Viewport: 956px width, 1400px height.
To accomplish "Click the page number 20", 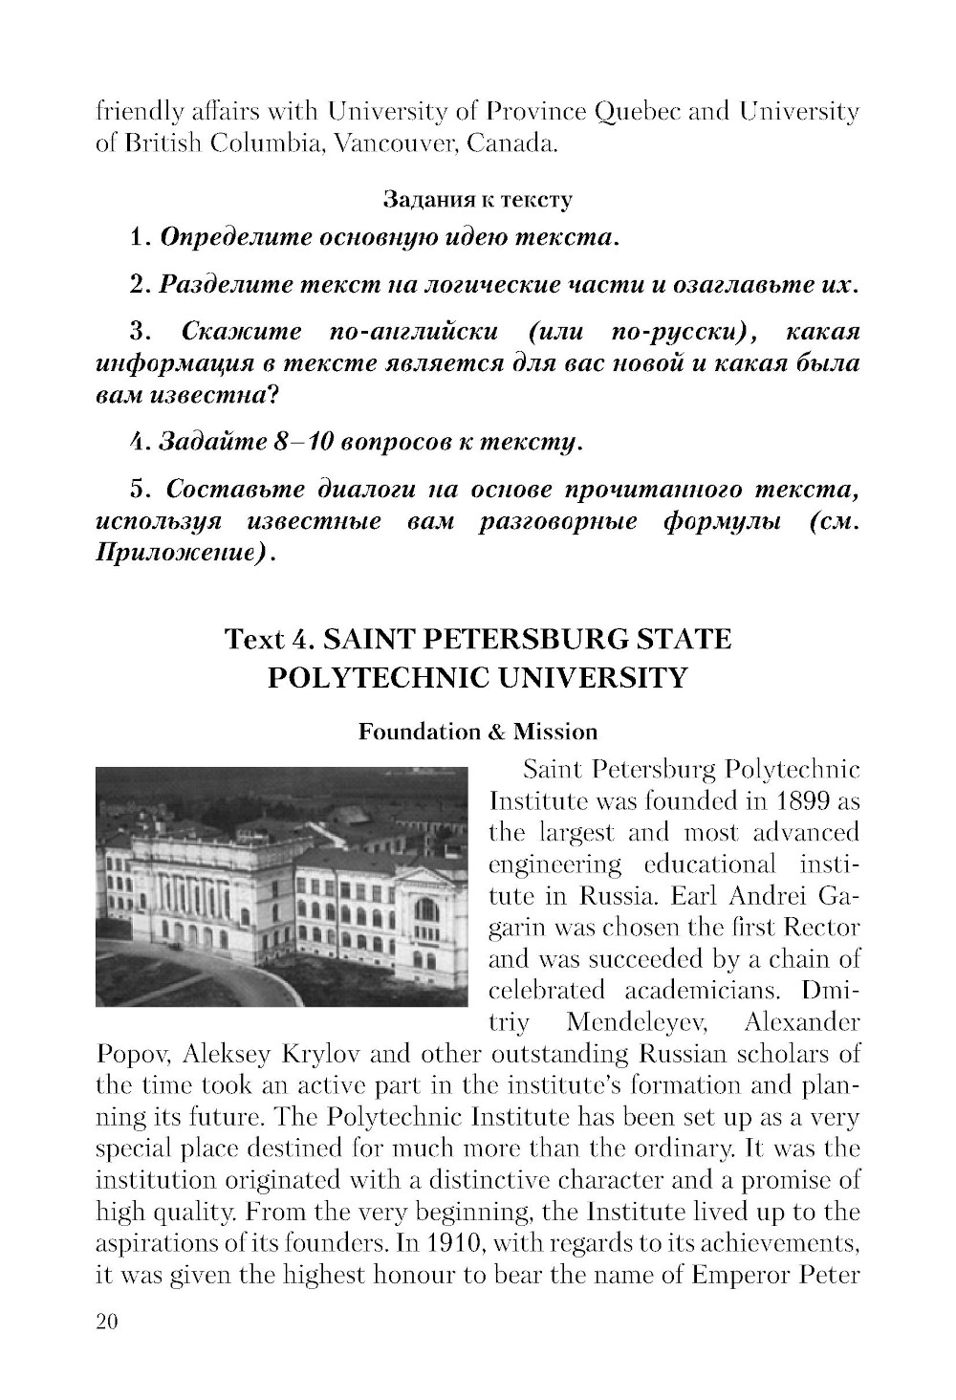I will [106, 1322].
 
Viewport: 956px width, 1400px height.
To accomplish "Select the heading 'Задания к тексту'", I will [477, 200].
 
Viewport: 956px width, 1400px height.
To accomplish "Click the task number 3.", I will [138, 333].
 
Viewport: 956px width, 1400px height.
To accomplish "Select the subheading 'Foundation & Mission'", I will [477, 732].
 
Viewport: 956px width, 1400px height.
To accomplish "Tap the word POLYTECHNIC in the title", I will [378, 677].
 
